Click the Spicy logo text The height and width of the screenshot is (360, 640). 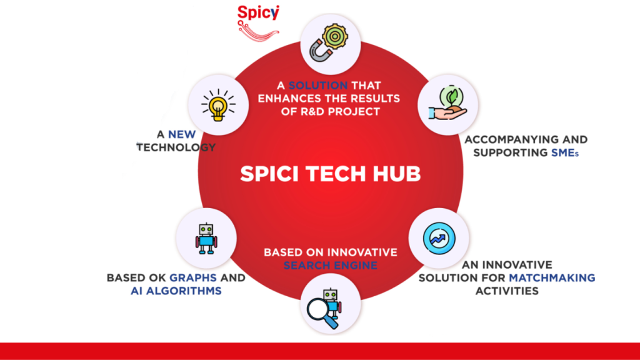[258, 13]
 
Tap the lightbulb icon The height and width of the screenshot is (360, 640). [218, 105]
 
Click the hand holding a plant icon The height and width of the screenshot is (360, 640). [447, 104]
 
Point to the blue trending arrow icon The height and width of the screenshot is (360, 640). [439, 238]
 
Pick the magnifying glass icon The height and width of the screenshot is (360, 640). [322, 313]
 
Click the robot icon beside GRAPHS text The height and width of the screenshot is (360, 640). [206, 239]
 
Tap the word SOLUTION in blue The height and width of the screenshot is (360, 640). [318, 85]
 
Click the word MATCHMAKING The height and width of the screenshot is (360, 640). [552, 278]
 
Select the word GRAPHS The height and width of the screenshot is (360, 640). [193, 278]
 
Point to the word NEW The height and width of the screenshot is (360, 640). [182, 135]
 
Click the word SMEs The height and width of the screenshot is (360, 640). [565, 152]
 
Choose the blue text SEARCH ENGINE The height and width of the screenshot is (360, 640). [330, 266]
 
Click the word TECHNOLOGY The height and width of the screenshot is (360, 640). [176, 147]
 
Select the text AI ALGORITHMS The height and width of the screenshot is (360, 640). [176, 291]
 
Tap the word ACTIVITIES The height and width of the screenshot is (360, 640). [507, 291]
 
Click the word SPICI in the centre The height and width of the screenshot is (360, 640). [270, 174]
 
